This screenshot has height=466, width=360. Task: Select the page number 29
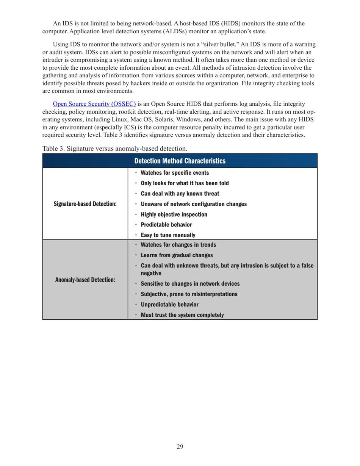pos(180,447)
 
